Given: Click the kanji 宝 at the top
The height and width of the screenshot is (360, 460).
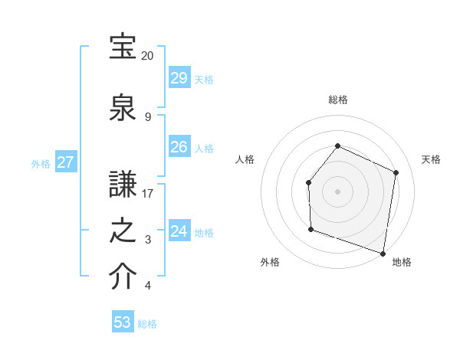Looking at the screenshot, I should coord(123,48).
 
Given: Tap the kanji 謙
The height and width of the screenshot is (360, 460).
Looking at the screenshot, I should coord(123,185).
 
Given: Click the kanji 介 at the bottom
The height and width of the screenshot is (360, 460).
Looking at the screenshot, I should coord(123,278).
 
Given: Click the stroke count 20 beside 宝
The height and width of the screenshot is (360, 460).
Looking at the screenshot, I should coord(148,56).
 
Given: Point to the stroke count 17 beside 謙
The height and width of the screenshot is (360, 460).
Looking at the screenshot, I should coord(148,193).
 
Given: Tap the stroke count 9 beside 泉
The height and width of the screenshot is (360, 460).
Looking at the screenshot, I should coord(148,116).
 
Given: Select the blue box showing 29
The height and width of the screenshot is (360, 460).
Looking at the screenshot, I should coord(179,78).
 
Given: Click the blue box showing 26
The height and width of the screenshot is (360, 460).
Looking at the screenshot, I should coord(179,147).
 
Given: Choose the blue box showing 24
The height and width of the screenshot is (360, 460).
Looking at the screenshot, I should coord(179,231).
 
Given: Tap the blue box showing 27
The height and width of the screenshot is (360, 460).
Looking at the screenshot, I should coord(65,162).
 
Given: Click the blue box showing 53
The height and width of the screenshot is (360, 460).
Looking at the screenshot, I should coord(123,322).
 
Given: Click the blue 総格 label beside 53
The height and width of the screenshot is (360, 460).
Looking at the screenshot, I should coord(147,324).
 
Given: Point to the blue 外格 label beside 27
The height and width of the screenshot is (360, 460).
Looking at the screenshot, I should coord(41,163).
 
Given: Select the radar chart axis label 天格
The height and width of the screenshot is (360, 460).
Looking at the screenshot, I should coord(432,159).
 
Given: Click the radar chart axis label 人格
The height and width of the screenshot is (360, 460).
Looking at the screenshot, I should coord(245,159).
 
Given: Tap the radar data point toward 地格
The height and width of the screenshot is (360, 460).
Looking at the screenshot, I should coord(383,253).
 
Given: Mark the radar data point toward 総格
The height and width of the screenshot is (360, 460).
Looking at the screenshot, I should coord(337,146).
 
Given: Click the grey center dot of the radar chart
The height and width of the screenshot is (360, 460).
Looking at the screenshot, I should coord(337,191).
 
